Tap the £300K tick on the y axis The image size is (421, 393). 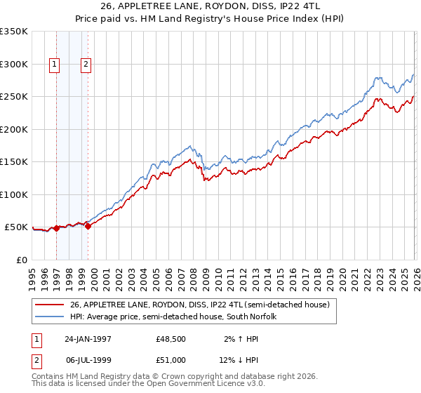coord(14,64)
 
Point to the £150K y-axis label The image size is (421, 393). coord(14,162)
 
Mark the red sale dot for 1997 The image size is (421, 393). coord(57,228)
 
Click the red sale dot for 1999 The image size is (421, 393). coord(88,226)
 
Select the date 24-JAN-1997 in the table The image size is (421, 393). coord(88,339)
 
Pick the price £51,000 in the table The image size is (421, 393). coord(171,360)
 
